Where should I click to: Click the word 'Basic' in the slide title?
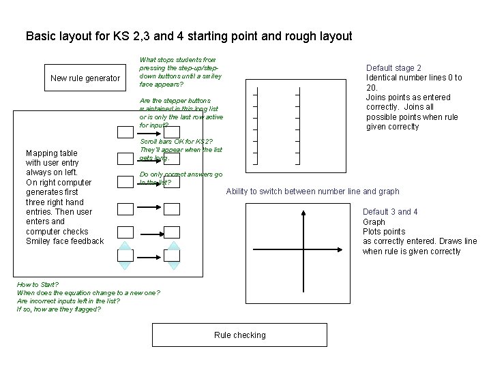tap(40, 36)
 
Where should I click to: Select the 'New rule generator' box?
tap(85, 78)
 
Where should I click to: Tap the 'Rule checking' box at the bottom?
tap(239, 335)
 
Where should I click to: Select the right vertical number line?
tap(298, 125)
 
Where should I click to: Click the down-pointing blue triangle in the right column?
tap(172, 266)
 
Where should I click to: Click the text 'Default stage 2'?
tap(393, 68)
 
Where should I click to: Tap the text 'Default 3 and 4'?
tap(390, 212)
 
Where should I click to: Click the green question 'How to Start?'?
tap(38, 284)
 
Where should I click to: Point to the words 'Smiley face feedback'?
tap(65, 241)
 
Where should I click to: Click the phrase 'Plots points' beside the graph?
tap(383, 232)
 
